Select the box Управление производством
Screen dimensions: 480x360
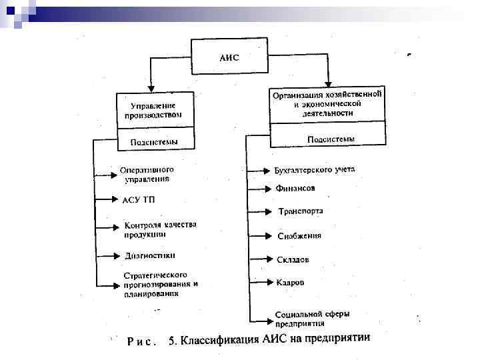153,110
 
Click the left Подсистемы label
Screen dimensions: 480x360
153,141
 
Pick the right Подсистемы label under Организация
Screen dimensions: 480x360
330,139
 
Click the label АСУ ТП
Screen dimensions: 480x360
139,199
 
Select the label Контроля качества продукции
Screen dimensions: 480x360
160,229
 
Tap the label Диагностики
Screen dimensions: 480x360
150,255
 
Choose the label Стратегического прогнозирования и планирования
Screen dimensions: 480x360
160,283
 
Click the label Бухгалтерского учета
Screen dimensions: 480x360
315,170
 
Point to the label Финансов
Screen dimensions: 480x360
295,189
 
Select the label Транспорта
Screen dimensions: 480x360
301,211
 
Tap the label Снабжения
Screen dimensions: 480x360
299,235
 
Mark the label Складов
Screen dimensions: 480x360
293,259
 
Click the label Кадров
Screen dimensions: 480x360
290,283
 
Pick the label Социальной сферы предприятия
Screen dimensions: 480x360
312,317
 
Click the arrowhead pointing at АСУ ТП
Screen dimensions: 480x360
115,199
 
